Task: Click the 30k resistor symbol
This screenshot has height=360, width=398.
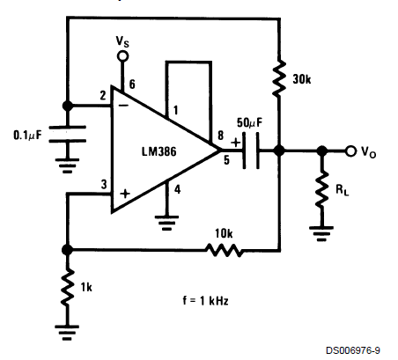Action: [x=279, y=78]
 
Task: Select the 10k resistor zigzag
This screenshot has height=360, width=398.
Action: [x=224, y=250]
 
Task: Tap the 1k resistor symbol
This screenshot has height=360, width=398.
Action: [x=68, y=287]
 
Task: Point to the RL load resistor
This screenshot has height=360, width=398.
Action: [x=322, y=189]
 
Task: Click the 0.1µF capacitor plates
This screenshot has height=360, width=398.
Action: [x=67, y=134]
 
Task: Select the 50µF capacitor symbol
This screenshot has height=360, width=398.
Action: [x=251, y=151]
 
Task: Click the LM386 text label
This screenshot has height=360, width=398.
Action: [x=159, y=151]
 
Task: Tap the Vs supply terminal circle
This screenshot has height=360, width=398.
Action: [x=122, y=55]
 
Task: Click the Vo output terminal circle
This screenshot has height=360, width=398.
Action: [x=350, y=151]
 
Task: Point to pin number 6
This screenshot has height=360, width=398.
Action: [x=132, y=84]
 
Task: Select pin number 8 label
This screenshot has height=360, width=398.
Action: [x=220, y=136]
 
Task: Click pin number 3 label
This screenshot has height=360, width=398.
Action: [x=104, y=185]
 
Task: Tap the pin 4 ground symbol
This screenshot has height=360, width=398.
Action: [x=166, y=223]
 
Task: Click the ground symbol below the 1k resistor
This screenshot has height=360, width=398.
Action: [x=67, y=332]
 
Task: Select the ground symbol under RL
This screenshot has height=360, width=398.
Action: [x=321, y=233]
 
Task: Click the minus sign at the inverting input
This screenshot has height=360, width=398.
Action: [x=124, y=105]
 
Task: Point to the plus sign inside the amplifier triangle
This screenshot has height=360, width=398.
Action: [x=125, y=194]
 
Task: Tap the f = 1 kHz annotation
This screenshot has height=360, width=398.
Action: [x=205, y=300]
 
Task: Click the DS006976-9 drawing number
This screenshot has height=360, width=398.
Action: [x=353, y=350]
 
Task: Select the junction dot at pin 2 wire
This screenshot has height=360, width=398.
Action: [x=68, y=106]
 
